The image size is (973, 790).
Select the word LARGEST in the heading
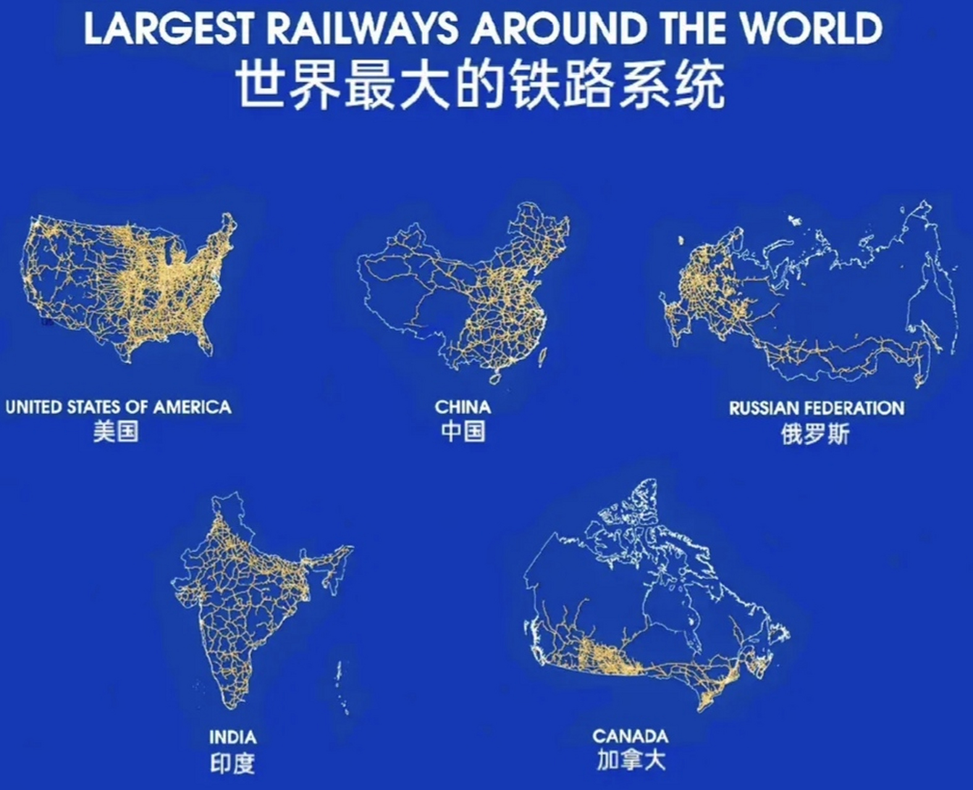pyautogui.click(x=168, y=29)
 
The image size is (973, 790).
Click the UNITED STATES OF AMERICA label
pyautogui.click(x=118, y=407)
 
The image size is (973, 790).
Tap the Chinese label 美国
pyautogui.click(x=116, y=431)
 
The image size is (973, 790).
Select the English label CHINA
pyautogui.click(x=463, y=407)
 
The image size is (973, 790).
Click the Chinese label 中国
pyautogui.click(x=463, y=431)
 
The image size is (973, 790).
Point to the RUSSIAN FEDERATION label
pyautogui.click(x=816, y=408)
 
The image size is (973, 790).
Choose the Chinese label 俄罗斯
pyautogui.click(x=815, y=434)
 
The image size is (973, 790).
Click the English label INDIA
pyautogui.click(x=232, y=737)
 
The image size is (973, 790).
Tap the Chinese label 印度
pyautogui.click(x=232, y=764)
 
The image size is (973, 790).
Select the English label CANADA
pyautogui.click(x=630, y=736)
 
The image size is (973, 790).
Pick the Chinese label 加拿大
pyautogui.click(x=631, y=760)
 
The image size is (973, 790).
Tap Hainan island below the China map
pyautogui.click(x=495, y=376)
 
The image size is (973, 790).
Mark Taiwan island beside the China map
pyautogui.click(x=544, y=356)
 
